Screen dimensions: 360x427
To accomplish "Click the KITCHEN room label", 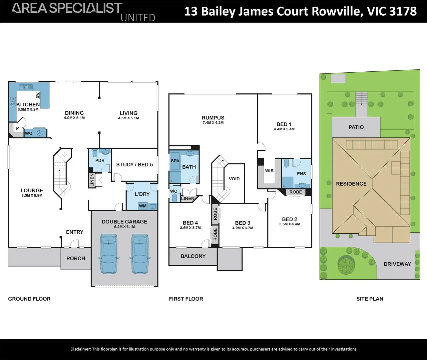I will pos(28,104).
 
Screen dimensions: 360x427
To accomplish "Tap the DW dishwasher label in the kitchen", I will pos(38,95).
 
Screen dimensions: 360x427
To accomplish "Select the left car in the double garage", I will pos(109,253).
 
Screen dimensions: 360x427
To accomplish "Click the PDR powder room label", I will pos(100,160).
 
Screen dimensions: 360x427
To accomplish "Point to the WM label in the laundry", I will pos(143,206).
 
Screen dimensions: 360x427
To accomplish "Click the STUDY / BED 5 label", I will pos(134,164).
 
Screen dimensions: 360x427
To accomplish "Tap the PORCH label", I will pos(76,258).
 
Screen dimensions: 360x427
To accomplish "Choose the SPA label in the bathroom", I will pos(175,161).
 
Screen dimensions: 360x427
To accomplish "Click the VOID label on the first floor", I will pos(234,179).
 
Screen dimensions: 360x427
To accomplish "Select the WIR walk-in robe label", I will pos(269,171).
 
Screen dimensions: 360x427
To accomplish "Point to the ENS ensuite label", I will pos(301,174).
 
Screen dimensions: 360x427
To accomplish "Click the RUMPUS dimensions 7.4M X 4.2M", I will pos(213,123).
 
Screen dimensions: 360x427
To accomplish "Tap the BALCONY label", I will pos(193,256).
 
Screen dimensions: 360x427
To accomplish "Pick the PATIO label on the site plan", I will pos(356,127).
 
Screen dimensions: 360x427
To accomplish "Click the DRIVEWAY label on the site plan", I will pos(397,264).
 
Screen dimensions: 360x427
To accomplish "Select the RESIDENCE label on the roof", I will pos(351,184).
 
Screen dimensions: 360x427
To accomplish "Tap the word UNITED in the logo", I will pos(138,18).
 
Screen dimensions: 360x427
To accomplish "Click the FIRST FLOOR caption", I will pos(186,299).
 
